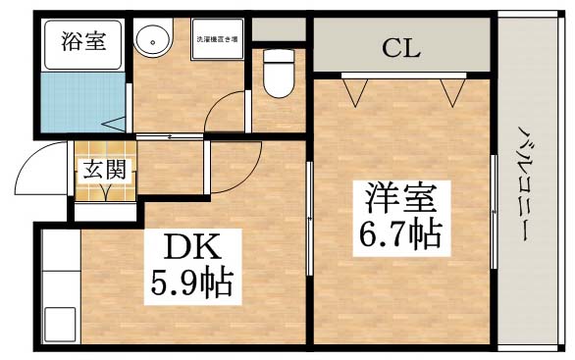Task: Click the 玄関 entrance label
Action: [x=103, y=168]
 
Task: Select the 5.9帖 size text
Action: [x=192, y=283]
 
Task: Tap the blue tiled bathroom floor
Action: [x=83, y=102]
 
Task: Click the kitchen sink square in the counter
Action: [x=59, y=323]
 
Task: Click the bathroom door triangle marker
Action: [x=117, y=124]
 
